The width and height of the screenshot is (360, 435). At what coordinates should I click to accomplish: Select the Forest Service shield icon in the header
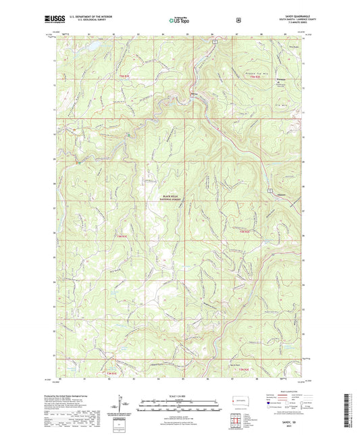(238, 20)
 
